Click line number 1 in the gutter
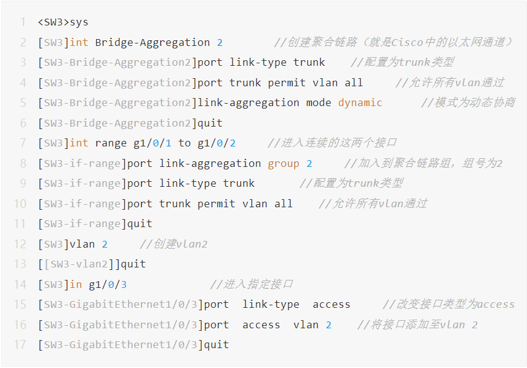pyautogui.click(x=23, y=22)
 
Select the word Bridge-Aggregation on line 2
pyautogui.click(x=152, y=42)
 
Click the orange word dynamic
pyautogui.click(x=360, y=102)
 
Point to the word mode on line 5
pyautogui.click(x=318, y=102)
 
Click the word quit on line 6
pyautogui.click(x=210, y=123)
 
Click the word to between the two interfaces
pyautogui.click(x=184, y=143)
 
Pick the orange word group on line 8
pyautogui.click(x=283, y=163)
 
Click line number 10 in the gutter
pyautogui.click(x=20, y=204)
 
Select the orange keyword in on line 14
pyautogui.click(x=76, y=284)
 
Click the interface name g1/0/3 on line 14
pyautogui.click(x=107, y=284)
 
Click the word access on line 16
pyautogui.click(x=261, y=325)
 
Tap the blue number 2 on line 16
pyautogui.click(x=328, y=325)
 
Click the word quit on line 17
pyautogui.click(x=216, y=344)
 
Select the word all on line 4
pyautogui.click(x=354, y=83)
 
